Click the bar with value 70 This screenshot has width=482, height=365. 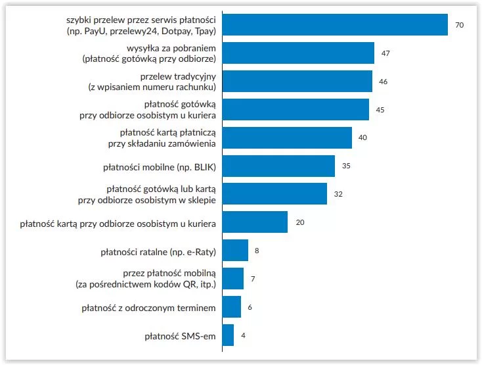point(335,24)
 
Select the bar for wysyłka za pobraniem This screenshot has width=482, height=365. point(298,53)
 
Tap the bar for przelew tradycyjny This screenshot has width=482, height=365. point(297,81)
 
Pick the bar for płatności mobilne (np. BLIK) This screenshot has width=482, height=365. point(278,165)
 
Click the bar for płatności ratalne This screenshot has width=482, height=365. point(235,250)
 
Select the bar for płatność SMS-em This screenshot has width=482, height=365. point(228,335)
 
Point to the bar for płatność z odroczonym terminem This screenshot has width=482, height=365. point(232,306)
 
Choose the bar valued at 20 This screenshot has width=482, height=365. point(255,222)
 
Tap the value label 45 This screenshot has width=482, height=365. point(380,109)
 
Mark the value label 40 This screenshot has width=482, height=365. point(362,137)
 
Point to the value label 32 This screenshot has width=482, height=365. point(338,194)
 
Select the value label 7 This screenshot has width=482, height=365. point(253,279)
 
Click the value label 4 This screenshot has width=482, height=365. point(243,335)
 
